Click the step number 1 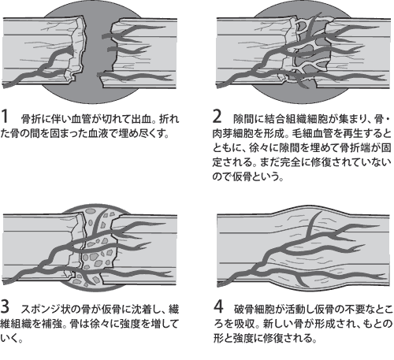pos(5,117)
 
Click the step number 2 pos(217,117)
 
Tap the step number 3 pos(5,306)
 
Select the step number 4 pos(218,306)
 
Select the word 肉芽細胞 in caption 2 pos(232,133)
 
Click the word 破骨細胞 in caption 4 pos(254,309)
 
